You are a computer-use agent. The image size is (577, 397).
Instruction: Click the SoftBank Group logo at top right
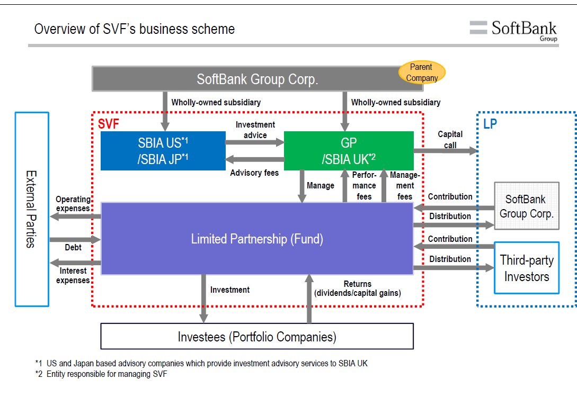(513, 30)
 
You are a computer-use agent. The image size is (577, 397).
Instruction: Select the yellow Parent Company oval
(422, 73)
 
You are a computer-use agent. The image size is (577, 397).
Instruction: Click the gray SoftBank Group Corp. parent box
(257, 79)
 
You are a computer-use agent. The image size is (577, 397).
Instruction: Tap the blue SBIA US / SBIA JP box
(163, 151)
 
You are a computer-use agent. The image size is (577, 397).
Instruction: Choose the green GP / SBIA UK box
(349, 151)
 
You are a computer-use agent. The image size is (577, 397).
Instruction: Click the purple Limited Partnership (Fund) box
(257, 239)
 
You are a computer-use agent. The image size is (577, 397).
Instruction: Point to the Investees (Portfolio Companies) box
(257, 336)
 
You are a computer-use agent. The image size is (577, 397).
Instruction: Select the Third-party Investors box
(526, 268)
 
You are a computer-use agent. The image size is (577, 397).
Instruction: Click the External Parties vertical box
(32, 209)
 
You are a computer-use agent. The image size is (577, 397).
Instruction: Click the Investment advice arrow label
(255, 130)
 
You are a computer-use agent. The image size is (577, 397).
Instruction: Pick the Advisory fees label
(254, 173)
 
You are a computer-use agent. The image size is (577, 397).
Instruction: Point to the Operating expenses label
(73, 204)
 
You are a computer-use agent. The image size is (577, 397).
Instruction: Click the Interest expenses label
(73, 276)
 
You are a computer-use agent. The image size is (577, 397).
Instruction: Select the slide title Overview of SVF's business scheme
(134, 29)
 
